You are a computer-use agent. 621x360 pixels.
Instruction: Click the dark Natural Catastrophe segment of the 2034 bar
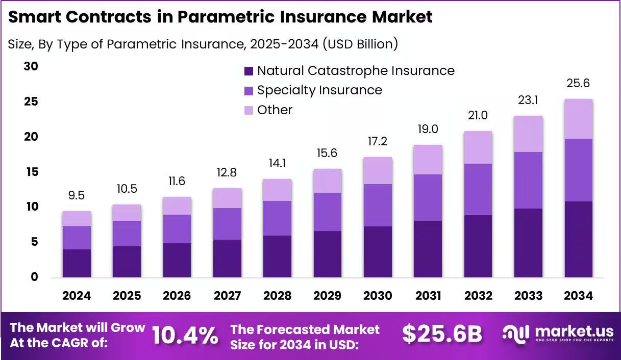point(578,239)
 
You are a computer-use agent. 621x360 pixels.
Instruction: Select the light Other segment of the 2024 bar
point(77,218)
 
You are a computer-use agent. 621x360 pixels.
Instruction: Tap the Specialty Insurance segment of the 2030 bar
point(378,205)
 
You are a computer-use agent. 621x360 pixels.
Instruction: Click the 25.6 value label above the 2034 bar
point(578,84)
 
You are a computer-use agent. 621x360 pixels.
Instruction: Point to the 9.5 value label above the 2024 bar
point(77,196)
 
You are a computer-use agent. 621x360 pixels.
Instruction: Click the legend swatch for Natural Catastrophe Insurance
point(249,71)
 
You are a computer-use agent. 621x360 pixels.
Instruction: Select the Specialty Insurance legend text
point(319,90)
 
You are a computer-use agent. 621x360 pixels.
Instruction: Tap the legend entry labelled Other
point(275,110)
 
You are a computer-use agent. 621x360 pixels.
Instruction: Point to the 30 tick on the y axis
point(31,67)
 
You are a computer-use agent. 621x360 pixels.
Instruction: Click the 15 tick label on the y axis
point(31,172)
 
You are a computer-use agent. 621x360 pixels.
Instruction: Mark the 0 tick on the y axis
point(34,277)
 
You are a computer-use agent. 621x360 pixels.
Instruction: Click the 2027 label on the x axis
point(227,296)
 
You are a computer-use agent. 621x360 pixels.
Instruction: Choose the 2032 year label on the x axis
point(478,296)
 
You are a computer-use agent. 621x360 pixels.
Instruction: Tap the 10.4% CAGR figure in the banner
point(185,335)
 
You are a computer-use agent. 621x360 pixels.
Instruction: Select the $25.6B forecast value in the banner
point(442,334)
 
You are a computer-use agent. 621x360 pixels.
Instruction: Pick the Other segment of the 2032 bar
point(478,147)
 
